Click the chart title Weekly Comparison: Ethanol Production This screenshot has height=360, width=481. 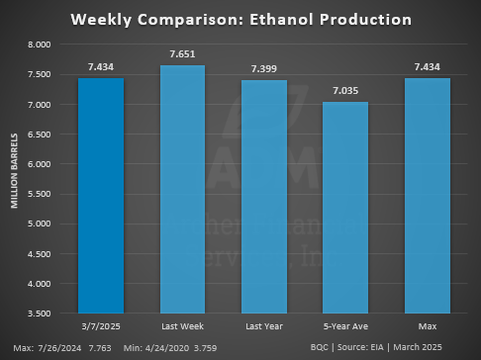point(240,20)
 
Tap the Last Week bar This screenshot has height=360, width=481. point(183,188)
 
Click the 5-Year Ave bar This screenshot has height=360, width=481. point(345,207)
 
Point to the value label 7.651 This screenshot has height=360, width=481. point(183,54)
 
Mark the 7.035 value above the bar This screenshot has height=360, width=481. point(345,91)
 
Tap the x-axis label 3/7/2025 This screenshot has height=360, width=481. point(101,324)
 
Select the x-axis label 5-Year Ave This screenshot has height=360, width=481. point(345,324)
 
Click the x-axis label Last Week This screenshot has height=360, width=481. point(183,324)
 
